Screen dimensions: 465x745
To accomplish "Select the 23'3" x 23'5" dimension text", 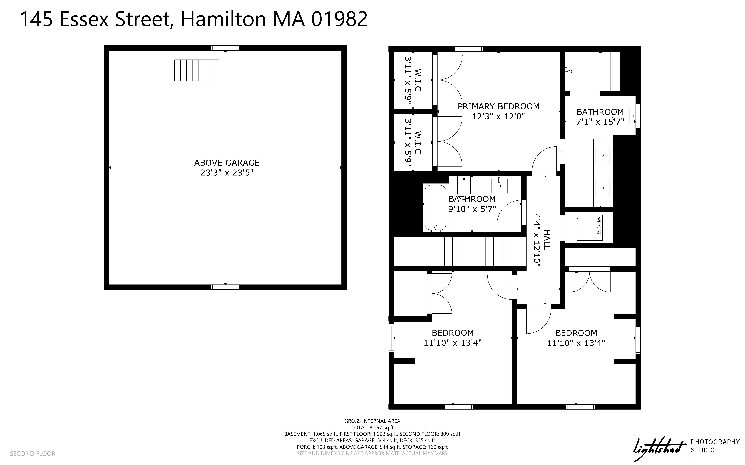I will tap(227, 173).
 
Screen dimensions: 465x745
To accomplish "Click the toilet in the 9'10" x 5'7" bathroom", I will tap(464, 185).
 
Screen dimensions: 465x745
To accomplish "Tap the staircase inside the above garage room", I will tap(197, 70).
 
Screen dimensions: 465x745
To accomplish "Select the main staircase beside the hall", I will tap(481, 251).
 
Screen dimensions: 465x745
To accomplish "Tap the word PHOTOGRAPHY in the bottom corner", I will tap(715, 442).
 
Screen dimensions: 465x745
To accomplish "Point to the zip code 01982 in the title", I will tap(339, 19).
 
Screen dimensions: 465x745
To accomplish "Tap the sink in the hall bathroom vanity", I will tap(499, 186).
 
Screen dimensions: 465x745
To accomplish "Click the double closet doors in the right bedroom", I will tap(589, 281).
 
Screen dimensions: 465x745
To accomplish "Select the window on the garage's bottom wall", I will tap(225, 287).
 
